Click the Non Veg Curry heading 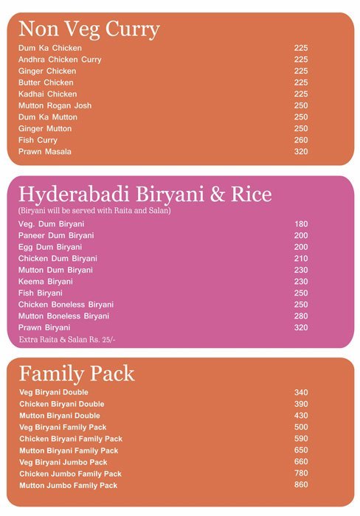(89, 29)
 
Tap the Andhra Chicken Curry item (60, 60)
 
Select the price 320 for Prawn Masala (301, 152)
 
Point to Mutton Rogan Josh (55, 105)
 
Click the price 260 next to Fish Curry (301, 140)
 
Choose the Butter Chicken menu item (46, 83)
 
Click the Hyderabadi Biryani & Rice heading (145, 195)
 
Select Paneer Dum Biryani (56, 235)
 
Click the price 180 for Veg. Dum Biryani (301, 224)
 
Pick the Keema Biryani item (46, 282)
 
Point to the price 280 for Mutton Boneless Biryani (301, 316)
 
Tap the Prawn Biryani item (44, 328)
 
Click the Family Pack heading (77, 373)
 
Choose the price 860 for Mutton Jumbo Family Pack (301, 485)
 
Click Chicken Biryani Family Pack (70, 439)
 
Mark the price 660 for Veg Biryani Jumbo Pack (301, 462)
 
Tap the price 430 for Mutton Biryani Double (301, 416)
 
